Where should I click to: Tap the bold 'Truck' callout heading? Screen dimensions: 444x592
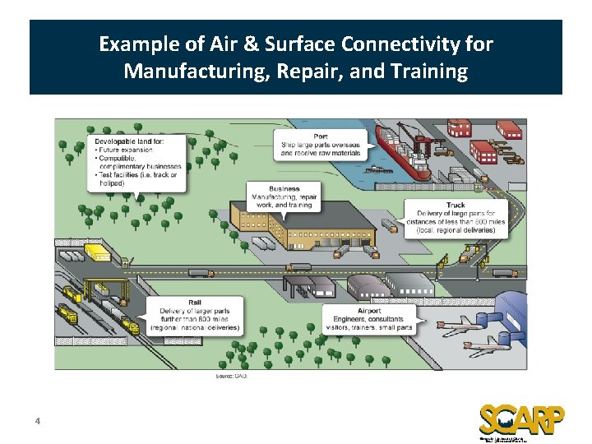click(x=456, y=206)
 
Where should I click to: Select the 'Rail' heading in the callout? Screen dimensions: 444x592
click(x=194, y=302)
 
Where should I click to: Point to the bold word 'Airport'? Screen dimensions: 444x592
click(x=369, y=311)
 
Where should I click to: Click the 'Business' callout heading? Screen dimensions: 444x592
click(x=284, y=189)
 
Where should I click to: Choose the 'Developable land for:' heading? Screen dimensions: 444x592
click(x=129, y=142)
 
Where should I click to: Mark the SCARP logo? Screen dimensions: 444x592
click(x=521, y=419)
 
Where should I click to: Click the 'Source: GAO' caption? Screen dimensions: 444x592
click(x=231, y=376)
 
